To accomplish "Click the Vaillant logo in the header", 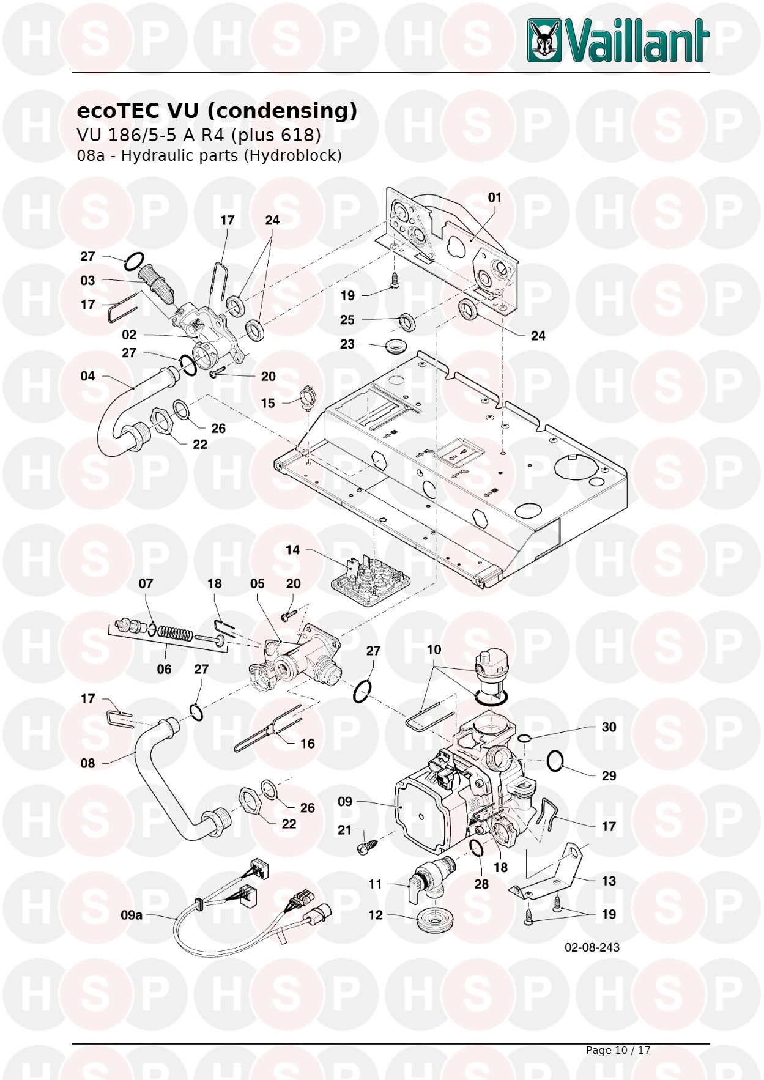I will (618, 40).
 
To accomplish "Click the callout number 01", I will (494, 198).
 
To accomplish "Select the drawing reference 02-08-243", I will (592, 947).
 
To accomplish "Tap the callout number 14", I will (293, 550).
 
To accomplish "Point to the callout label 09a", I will (132, 915).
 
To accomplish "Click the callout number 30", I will (609, 727).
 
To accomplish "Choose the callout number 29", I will (609, 776).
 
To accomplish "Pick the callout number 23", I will (347, 344).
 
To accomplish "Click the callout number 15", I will (268, 403).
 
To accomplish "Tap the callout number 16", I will (307, 744).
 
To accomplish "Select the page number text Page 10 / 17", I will (618, 1050).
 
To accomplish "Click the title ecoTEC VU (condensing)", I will (217, 111).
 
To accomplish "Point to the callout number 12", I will (376, 915).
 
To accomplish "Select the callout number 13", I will (609, 881).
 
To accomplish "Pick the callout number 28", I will (481, 884).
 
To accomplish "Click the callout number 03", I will (87, 281).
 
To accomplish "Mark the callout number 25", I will (347, 320).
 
